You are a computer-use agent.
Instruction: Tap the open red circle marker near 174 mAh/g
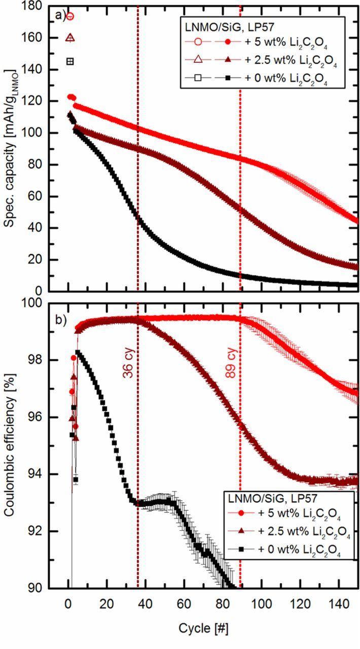[70, 16]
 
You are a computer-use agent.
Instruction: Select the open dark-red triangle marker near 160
[70, 38]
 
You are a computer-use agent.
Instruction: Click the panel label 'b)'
[61, 320]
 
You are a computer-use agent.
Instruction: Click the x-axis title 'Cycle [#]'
[203, 629]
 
